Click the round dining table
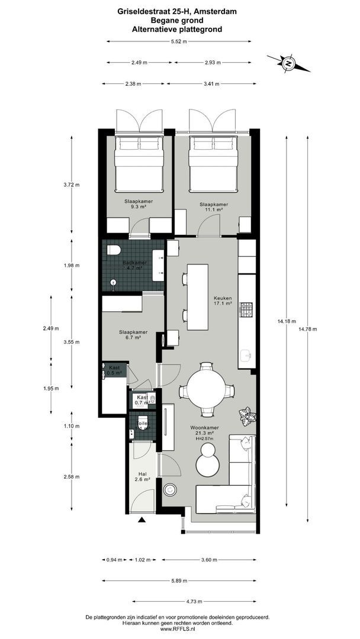pos(206,389)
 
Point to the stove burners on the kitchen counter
pos(246,309)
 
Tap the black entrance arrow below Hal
pos(142,520)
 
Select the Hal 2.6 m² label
pos(142,477)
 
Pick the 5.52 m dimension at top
pos(178,41)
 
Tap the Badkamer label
pos(134,265)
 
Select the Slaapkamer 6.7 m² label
pos(133,335)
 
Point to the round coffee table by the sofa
pos(208,461)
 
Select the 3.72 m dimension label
pos(72,185)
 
